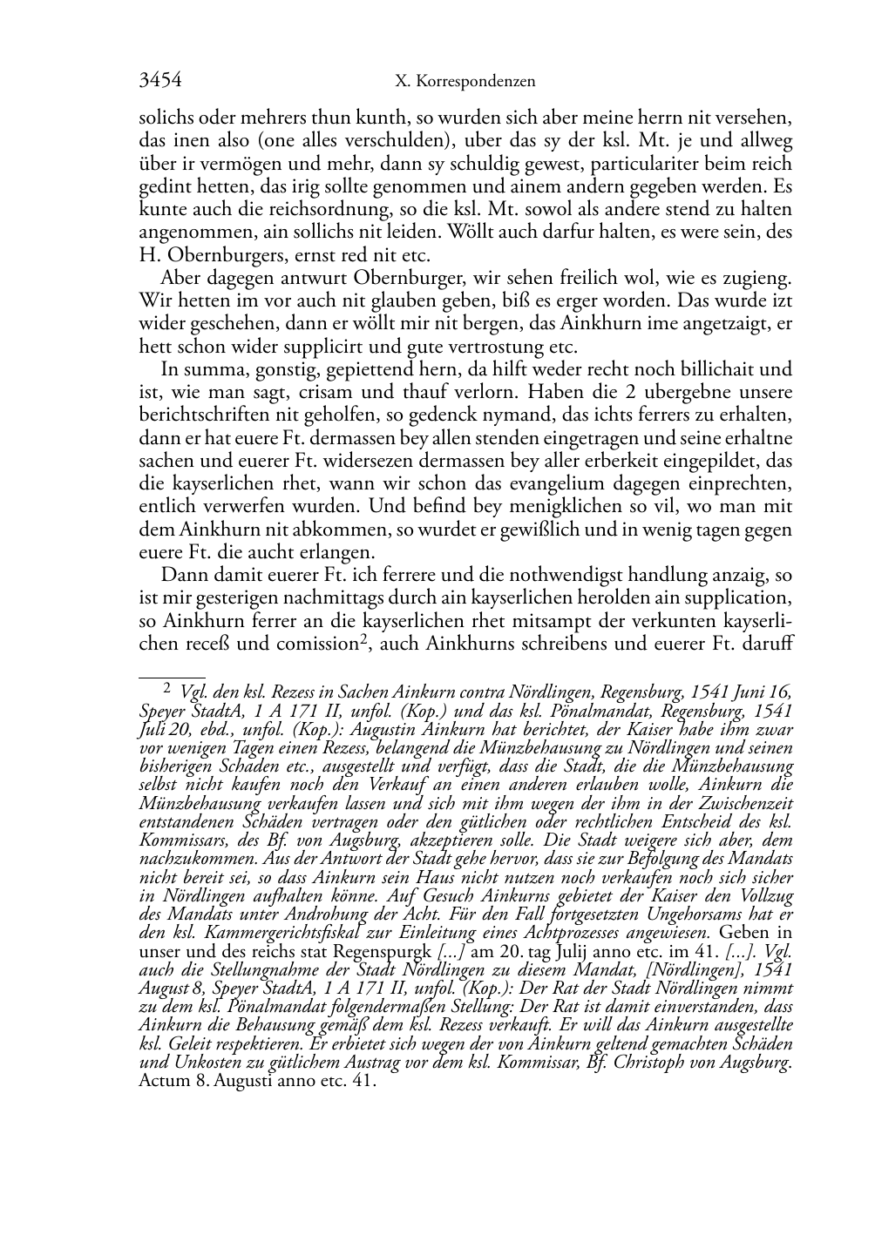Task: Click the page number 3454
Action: coord(160,81)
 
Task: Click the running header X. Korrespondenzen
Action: coord(465,82)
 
